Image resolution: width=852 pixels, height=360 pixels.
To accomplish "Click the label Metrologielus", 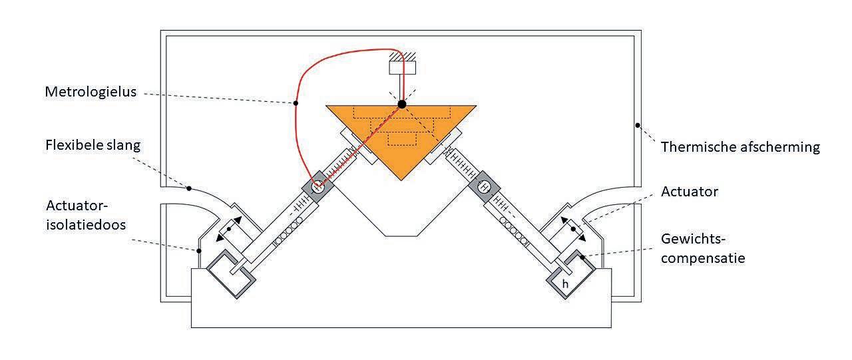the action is point(91,92).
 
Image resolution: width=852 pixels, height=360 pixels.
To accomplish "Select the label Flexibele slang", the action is point(93,144).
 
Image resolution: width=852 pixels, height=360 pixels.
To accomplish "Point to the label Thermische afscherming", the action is point(740,147).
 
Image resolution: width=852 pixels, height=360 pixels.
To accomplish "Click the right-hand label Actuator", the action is point(690,192).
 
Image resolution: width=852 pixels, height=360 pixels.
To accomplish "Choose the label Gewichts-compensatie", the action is point(703,248).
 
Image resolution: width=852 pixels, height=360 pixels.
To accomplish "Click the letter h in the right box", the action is point(565,283).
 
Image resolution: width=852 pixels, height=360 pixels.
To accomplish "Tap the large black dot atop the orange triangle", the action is point(401,104).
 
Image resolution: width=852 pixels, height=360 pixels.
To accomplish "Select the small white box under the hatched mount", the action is point(401,67).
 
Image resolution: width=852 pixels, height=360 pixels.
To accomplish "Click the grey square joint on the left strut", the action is point(318,187).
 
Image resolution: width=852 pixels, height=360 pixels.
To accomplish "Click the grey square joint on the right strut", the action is point(485,187).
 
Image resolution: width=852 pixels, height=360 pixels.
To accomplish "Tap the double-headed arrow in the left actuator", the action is point(228,228).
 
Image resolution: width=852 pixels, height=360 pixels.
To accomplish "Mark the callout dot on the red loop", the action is point(296,103).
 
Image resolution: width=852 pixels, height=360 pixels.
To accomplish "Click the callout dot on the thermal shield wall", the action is point(637,124).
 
